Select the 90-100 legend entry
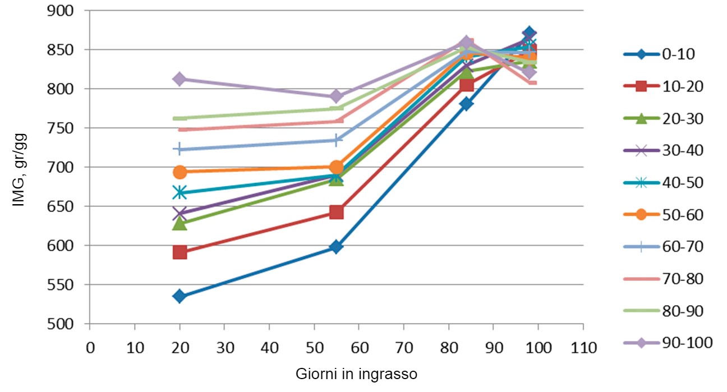[667, 342]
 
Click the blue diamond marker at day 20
[180, 296]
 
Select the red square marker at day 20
[180, 252]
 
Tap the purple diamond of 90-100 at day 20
[180, 79]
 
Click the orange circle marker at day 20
[180, 172]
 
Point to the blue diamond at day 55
[336, 247]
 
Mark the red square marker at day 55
[336, 212]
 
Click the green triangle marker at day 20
[180, 223]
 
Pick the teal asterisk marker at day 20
[180, 193]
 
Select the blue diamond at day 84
[466, 104]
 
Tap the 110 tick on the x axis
[583, 347]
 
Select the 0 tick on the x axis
[90, 347]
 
